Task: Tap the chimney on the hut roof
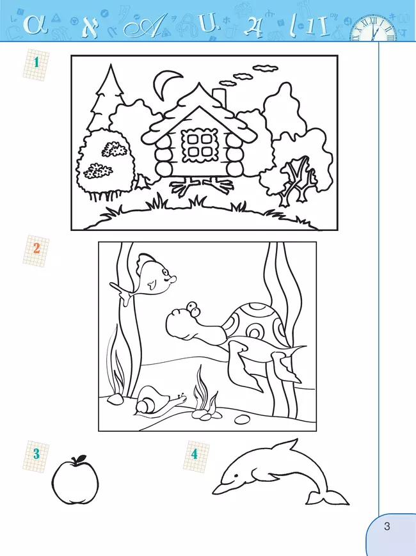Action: pos(219,97)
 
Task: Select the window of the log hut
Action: pos(199,145)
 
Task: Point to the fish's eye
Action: pos(165,273)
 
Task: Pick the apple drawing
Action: pos(75,480)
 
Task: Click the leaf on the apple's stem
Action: pos(80,458)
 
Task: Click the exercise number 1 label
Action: pos(36,63)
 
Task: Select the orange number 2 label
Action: pos(36,248)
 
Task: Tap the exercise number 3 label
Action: pos(36,454)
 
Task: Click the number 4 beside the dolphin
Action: pos(195,454)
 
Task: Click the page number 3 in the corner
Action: pos(387,526)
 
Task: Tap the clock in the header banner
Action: pos(374,28)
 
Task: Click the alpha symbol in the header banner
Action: pos(35,25)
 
